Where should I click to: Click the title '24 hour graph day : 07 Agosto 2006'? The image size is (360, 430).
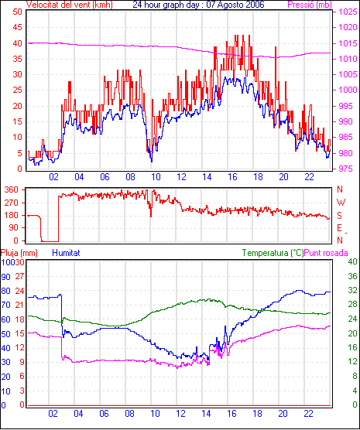[198, 5]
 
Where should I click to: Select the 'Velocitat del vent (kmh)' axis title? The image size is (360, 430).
[69, 5]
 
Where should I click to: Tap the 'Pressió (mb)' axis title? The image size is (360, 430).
[310, 5]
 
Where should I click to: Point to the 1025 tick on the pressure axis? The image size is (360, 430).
[348, 12]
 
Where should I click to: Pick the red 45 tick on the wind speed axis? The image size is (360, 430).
[17, 27]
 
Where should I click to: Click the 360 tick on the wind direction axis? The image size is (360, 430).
[12, 189]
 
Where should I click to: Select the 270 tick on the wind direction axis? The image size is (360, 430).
[12, 203]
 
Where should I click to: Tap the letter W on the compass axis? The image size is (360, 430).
[341, 203]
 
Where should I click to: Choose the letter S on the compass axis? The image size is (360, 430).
[340, 216]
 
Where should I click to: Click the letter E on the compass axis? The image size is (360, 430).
[339, 228]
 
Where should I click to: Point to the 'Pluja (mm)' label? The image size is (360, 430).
[19, 253]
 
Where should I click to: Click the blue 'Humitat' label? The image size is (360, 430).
[66, 253]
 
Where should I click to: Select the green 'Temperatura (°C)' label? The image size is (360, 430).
[273, 253]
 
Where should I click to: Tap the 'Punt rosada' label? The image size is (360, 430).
[326, 253]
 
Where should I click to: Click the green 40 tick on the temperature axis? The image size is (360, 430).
[352, 261]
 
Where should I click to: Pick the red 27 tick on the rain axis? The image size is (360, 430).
[20, 276]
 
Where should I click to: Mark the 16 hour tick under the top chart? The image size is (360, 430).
[232, 177]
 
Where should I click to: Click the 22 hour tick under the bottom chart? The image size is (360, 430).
[308, 413]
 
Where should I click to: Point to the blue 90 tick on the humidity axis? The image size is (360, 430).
[5, 277]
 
